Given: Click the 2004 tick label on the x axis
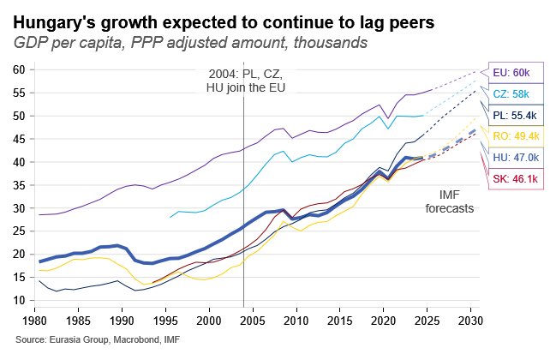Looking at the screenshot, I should [x=243, y=319].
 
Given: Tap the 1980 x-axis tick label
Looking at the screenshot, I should [x=34, y=319].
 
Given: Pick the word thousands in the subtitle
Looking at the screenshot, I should [x=330, y=42].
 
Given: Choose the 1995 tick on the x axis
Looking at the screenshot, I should [x=165, y=319].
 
